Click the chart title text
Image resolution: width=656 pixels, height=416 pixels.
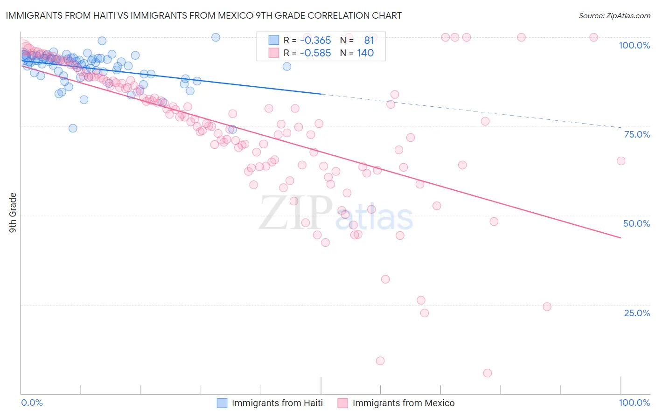tap(203, 15)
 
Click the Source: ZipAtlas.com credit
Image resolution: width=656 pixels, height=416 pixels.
tap(614, 15)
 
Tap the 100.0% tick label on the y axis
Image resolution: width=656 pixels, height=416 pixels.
tap(634, 45)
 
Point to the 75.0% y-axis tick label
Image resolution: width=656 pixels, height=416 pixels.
tap(637, 134)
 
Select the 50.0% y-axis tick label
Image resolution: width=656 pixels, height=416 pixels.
tap(636, 223)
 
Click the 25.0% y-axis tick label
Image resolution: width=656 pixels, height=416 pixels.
tap(637, 313)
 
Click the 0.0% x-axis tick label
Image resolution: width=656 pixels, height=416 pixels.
tap(32, 402)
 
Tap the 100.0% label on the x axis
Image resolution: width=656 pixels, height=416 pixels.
tap(634, 402)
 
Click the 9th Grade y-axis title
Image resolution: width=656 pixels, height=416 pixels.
tap(13, 213)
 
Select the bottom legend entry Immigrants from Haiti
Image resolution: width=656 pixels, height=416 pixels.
tap(277, 403)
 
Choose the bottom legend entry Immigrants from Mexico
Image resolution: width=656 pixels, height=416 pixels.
tap(403, 403)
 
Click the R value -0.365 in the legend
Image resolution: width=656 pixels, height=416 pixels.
tap(315, 40)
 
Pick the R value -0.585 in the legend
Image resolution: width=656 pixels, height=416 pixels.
tap(315, 53)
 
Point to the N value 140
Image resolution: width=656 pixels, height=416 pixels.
tap(365, 53)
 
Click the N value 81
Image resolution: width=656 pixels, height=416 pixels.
tap(369, 40)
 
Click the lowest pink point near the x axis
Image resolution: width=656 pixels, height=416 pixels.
tap(488, 373)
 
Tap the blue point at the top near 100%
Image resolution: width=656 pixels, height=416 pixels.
tap(216, 37)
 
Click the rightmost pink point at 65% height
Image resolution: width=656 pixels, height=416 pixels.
tap(621, 161)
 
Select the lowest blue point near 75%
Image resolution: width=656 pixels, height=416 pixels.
tap(73, 128)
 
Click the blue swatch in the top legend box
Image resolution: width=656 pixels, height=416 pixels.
tap(273, 40)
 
